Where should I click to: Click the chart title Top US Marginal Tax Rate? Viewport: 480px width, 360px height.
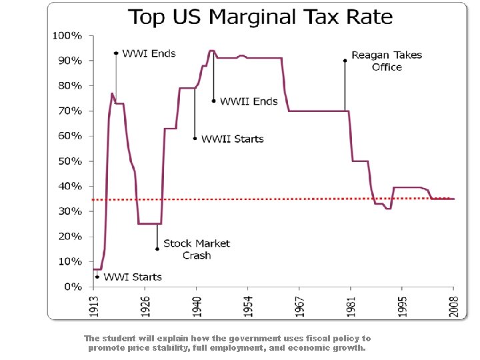pyautogui.click(x=260, y=17)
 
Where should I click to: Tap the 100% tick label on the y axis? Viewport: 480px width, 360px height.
pyautogui.click(x=67, y=35)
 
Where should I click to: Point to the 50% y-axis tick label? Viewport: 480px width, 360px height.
pyautogui.click(x=70, y=161)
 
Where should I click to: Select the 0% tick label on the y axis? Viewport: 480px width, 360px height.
pyautogui.click(x=73, y=287)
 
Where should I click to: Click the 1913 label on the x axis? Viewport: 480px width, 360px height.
pyautogui.click(x=95, y=306)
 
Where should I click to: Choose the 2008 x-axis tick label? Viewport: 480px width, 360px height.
pyautogui.click(x=454, y=306)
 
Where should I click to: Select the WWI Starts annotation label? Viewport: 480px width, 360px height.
pyautogui.click(x=133, y=277)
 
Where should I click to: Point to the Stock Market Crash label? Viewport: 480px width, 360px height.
pyautogui.click(x=197, y=249)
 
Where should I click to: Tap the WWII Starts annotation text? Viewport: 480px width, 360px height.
pyautogui.click(x=233, y=139)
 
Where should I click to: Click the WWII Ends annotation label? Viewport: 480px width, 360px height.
pyautogui.click(x=249, y=101)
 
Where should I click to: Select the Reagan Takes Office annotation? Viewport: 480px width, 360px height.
pyautogui.click(x=387, y=61)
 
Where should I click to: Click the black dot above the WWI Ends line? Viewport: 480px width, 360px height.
pyautogui.click(x=116, y=53)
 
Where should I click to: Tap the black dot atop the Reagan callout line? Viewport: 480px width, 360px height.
pyautogui.click(x=345, y=61)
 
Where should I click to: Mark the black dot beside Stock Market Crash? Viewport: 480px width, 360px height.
pyautogui.click(x=157, y=249)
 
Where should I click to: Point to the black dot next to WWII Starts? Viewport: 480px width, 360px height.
pyautogui.click(x=195, y=139)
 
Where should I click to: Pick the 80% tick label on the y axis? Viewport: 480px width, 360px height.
pyautogui.click(x=70, y=85)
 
